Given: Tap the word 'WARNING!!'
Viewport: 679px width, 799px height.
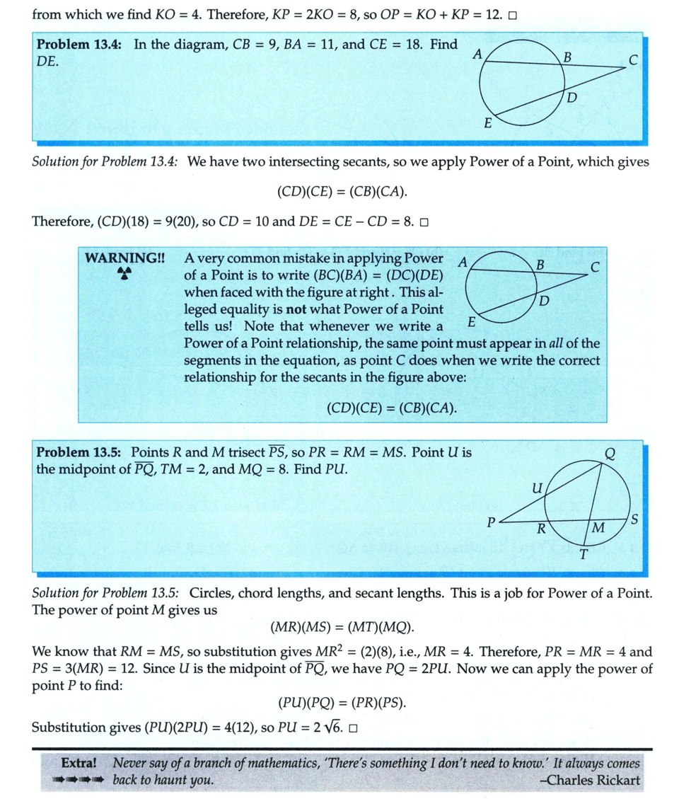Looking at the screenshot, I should [124, 258].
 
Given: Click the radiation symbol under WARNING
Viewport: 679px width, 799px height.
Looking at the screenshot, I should [124, 275].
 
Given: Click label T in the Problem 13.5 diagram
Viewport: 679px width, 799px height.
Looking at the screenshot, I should [584, 554].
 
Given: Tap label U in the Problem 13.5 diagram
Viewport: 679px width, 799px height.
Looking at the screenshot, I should [535, 488].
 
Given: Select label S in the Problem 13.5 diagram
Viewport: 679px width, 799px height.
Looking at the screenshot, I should [634, 520].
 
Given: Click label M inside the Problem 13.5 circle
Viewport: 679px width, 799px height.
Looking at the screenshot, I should [598, 528].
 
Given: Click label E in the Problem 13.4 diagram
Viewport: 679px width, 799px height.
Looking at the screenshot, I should [488, 123].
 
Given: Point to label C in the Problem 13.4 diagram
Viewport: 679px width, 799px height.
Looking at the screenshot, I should [633, 61].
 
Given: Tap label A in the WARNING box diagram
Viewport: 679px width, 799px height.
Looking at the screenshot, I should [462, 261].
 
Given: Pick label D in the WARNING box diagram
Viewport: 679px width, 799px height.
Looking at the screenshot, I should [544, 302].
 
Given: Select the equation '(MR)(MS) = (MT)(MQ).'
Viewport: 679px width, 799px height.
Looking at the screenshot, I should [342, 628].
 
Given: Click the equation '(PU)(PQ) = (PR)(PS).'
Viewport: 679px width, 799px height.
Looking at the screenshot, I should [342, 703].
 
